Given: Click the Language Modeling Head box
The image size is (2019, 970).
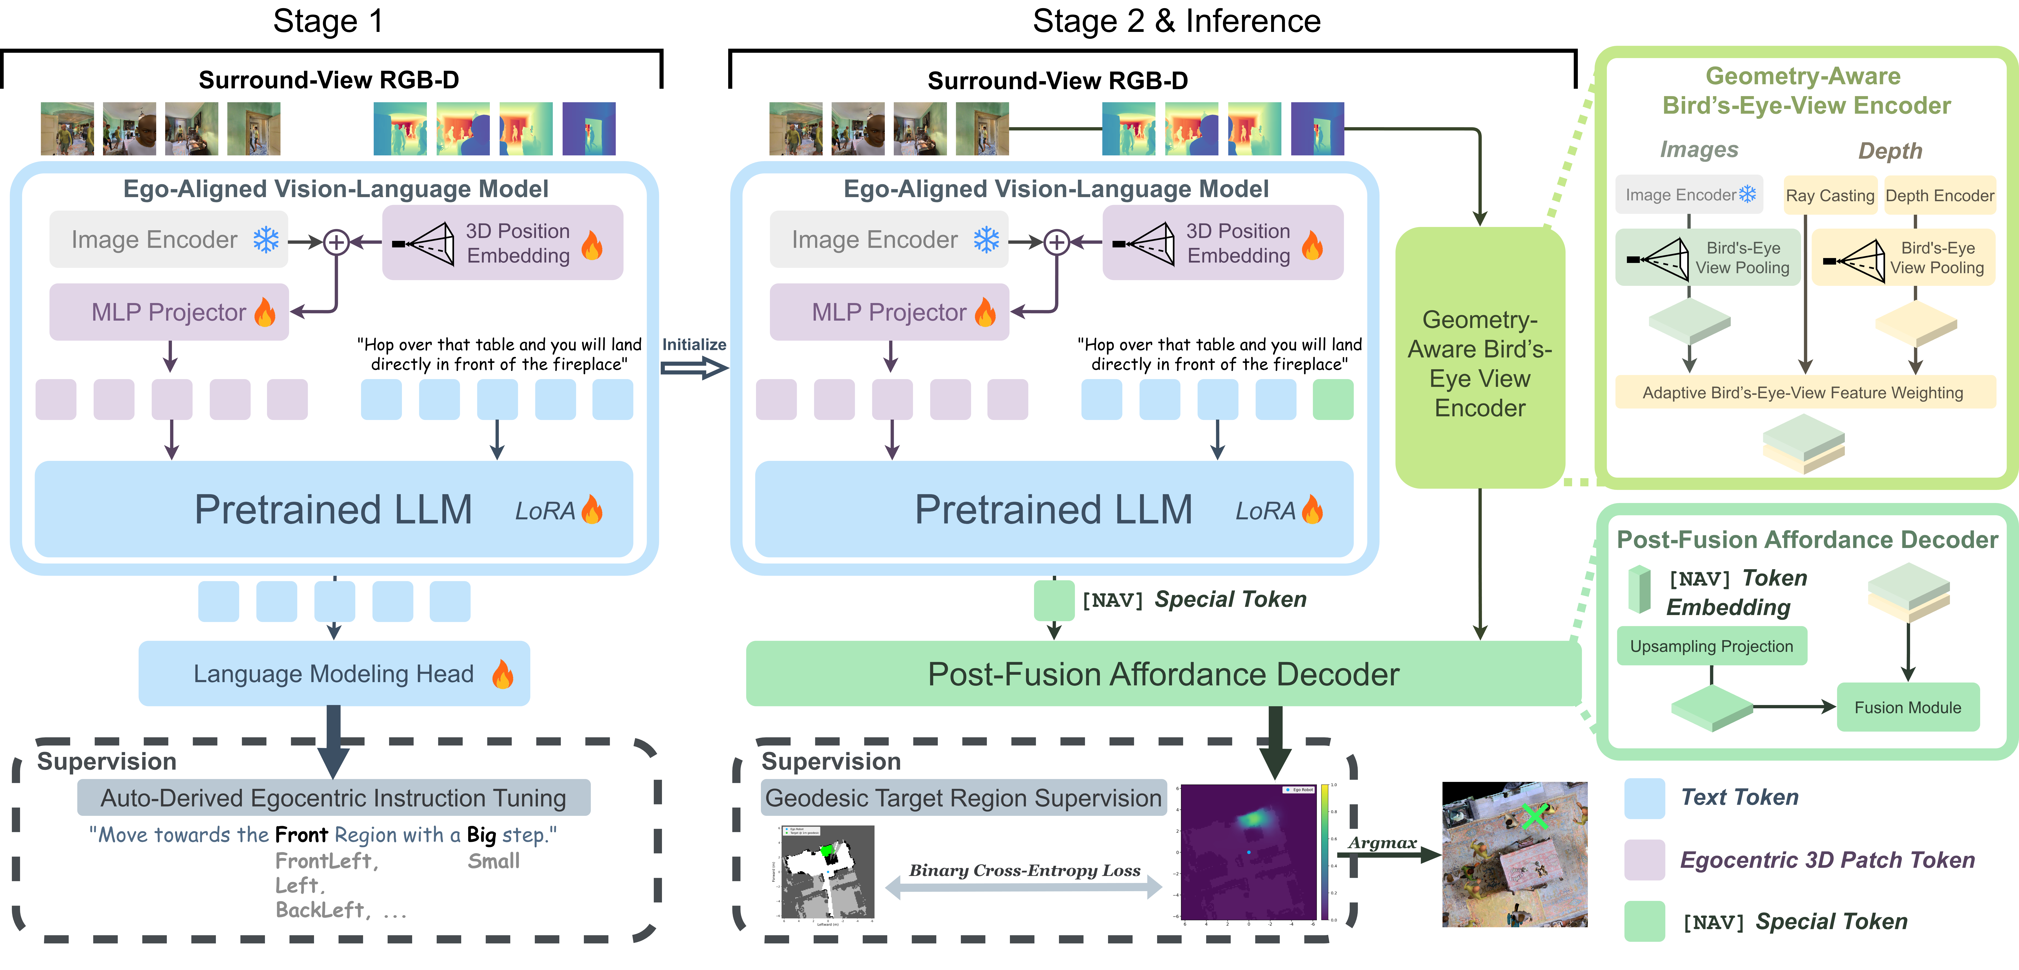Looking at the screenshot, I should [334, 674].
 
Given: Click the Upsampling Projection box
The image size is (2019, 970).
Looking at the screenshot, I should [1711, 646].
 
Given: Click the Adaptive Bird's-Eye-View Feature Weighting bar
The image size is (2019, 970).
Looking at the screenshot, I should [1803, 393].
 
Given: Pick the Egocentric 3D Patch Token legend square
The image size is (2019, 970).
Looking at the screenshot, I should [1644, 859].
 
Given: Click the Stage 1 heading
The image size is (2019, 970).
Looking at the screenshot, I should [328, 21].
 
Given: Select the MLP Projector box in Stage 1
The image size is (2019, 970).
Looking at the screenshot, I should [168, 312].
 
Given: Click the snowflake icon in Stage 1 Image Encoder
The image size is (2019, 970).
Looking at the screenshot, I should [266, 240].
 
